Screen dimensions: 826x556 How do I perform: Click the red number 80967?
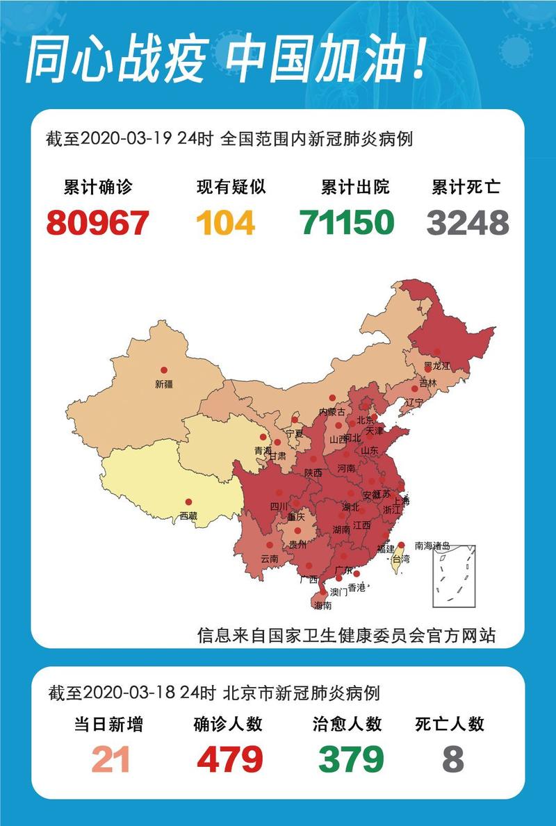tap(98, 222)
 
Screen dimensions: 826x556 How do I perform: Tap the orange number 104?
tap(226, 222)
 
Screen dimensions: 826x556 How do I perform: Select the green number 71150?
tap(347, 222)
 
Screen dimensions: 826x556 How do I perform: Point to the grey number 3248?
tap(468, 222)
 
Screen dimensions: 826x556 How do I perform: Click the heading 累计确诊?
tap(97, 188)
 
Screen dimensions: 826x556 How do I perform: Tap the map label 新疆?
tap(163, 383)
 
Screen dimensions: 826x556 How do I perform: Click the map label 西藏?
tap(188, 515)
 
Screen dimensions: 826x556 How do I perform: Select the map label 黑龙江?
tap(437, 365)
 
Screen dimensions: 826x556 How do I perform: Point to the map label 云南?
tap(269, 559)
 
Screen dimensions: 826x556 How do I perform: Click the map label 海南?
tap(323, 606)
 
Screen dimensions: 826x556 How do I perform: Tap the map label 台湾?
tap(402, 559)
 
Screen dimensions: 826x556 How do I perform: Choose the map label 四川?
tap(279, 506)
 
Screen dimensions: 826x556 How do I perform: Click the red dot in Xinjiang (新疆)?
tap(164, 370)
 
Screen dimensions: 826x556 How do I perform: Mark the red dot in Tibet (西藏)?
tap(188, 502)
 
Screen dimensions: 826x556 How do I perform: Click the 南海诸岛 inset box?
tap(454, 577)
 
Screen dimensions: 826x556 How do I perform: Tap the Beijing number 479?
tap(229, 759)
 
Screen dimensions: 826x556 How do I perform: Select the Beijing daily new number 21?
tap(111, 759)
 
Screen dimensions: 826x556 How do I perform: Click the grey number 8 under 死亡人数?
tap(452, 759)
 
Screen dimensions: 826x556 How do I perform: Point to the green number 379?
tap(351, 759)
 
